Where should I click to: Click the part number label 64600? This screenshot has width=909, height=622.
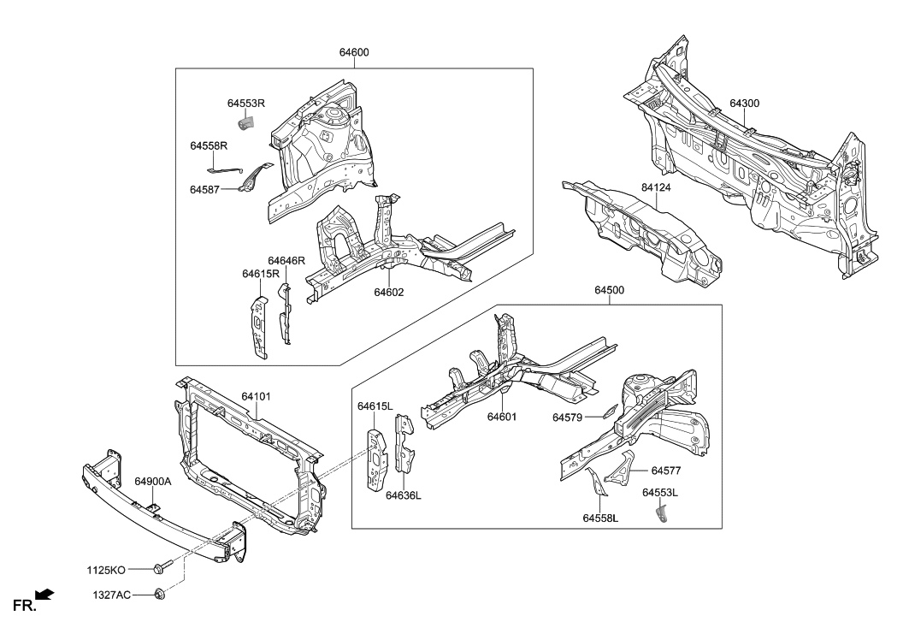click(x=354, y=52)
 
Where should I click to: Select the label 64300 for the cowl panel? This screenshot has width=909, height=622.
click(x=744, y=104)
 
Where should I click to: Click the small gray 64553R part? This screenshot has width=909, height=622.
click(x=245, y=124)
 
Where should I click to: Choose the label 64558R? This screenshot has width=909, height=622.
click(x=209, y=146)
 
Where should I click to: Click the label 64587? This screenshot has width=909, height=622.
click(x=206, y=189)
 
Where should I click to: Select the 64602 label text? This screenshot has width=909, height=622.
click(x=388, y=293)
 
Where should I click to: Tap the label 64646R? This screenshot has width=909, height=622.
click(x=286, y=260)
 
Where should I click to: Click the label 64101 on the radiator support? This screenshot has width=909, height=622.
click(x=256, y=397)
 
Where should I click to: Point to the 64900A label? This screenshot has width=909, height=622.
click(x=153, y=482)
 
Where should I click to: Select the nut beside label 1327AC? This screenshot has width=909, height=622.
click(x=160, y=594)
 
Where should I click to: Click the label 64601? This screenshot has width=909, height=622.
click(x=505, y=418)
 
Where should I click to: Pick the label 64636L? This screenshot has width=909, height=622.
click(x=403, y=495)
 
